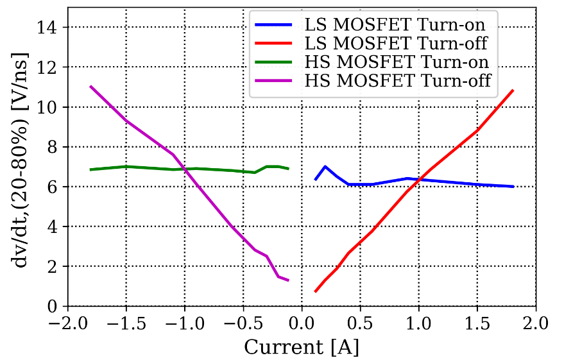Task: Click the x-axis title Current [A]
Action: point(301,347)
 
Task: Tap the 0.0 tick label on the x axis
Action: point(302,321)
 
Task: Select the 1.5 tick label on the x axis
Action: point(477,321)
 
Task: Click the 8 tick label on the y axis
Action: point(54,147)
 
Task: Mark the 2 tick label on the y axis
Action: point(54,266)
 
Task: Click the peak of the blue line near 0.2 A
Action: point(325,167)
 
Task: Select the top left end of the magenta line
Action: point(90,86)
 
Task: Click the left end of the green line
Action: point(90,169)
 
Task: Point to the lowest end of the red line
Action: point(315,291)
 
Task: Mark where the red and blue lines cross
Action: point(418,180)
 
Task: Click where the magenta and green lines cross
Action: point(184,169)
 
